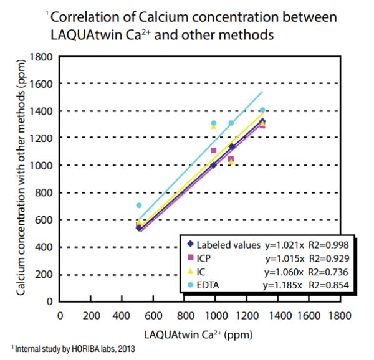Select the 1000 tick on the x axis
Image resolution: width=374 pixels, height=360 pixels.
pos(216,315)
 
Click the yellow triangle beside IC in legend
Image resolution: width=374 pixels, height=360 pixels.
pos(191,272)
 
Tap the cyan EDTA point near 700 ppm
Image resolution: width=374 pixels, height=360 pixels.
pos(138,206)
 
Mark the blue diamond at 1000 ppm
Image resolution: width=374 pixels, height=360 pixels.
pos(213,165)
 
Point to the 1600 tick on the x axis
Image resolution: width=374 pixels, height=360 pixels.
pos(309,315)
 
